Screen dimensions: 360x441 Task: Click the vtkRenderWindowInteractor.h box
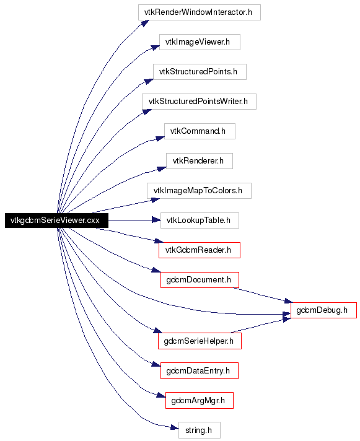click(x=199, y=12)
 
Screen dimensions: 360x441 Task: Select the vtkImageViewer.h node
click(x=200, y=42)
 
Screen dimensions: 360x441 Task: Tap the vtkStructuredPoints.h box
click(x=200, y=72)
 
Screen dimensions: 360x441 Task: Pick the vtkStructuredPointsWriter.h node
click(x=199, y=102)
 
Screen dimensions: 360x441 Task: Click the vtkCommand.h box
click(x=200, y=131)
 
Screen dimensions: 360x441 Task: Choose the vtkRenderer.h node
click(x=200, y=161)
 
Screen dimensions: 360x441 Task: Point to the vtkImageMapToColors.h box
click(x=199, y=191)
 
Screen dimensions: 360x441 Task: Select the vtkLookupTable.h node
click(x=200, y=220)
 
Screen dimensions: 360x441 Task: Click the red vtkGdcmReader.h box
click(x=200, y=250)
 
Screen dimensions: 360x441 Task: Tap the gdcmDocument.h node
click(x=200, y=280)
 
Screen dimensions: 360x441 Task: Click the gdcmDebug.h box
click(x=323, y=310)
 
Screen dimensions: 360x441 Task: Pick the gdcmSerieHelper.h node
click(x=200, y=341)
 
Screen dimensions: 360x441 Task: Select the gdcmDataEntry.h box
click(x=200, y=370)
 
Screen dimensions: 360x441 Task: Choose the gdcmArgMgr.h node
click(x=200, y=400)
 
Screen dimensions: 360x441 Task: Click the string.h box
click(x=200, y=430)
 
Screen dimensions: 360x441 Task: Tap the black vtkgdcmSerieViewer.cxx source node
click(x=56, y=220)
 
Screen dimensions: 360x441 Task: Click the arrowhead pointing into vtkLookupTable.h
click(x=156, y=220)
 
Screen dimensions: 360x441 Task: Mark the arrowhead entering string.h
click(x=174, y=428)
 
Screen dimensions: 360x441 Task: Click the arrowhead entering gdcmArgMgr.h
click(x=161, y=395)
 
